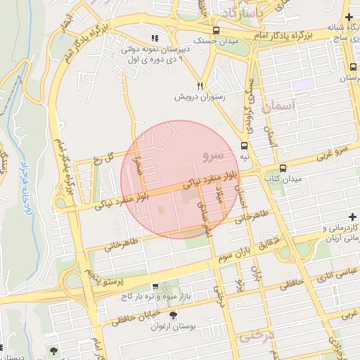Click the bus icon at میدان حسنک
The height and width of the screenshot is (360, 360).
216,30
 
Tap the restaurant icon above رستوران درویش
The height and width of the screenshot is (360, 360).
200,85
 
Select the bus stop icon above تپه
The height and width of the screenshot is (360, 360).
244,146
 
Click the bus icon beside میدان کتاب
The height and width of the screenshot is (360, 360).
283,168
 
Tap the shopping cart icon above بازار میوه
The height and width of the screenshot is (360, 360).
155,287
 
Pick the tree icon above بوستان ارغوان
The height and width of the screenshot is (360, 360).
173,315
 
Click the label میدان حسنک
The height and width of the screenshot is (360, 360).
198,41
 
